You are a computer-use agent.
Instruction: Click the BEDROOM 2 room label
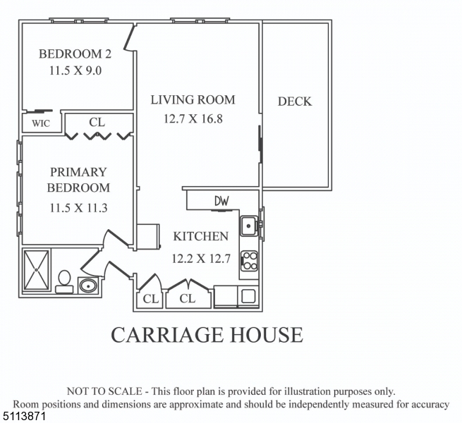point(75,54)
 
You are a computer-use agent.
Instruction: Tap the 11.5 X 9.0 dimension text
point(75,70)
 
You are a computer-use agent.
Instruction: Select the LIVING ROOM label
point(193,100)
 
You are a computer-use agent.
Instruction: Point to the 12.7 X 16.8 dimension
point(193,118)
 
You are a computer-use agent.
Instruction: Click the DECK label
point(295,102)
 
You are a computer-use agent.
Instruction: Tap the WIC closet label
point(41,123)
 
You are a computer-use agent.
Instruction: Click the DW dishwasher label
point(221,201)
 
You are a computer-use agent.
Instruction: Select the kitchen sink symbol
point(249,226)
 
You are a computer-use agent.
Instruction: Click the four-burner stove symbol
point(249,261)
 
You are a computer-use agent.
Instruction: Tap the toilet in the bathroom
point(64,282)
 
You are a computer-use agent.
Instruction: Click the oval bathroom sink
point(87,286)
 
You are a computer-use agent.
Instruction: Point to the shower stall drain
point(36,270)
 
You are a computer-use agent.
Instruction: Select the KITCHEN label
point(200,237)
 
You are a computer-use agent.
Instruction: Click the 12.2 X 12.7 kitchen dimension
point(201,259)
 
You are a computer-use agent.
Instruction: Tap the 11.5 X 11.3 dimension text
point(78,208)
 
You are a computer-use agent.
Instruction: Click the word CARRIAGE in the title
point(166,334)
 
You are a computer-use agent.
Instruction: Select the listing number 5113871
point(23,417)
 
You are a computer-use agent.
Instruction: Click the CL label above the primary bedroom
point(97,122)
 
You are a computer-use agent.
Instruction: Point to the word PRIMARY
point(78,172)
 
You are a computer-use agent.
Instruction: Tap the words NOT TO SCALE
point(104,391)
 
